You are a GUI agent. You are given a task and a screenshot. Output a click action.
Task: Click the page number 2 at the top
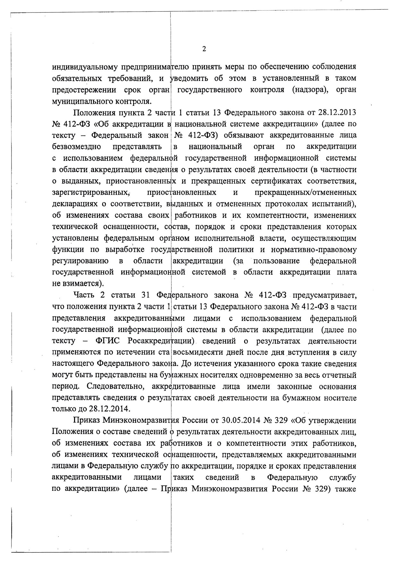204,49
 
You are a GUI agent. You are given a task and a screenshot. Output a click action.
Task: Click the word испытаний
337,204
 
